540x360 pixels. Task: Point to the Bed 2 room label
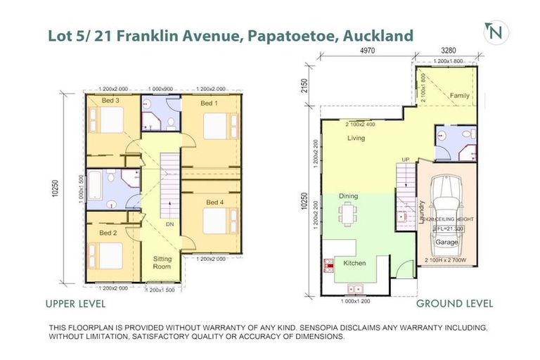point(108,233)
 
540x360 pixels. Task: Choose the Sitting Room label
point(162,263)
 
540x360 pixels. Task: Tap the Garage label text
point(446,242)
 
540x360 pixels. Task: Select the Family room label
point(460,95)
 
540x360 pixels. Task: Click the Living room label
point(356,139)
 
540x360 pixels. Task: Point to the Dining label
point(347,196)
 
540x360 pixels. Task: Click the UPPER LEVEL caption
point(75,304)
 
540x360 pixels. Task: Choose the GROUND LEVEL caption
point(454,304)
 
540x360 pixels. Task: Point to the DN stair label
point(169,224)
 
